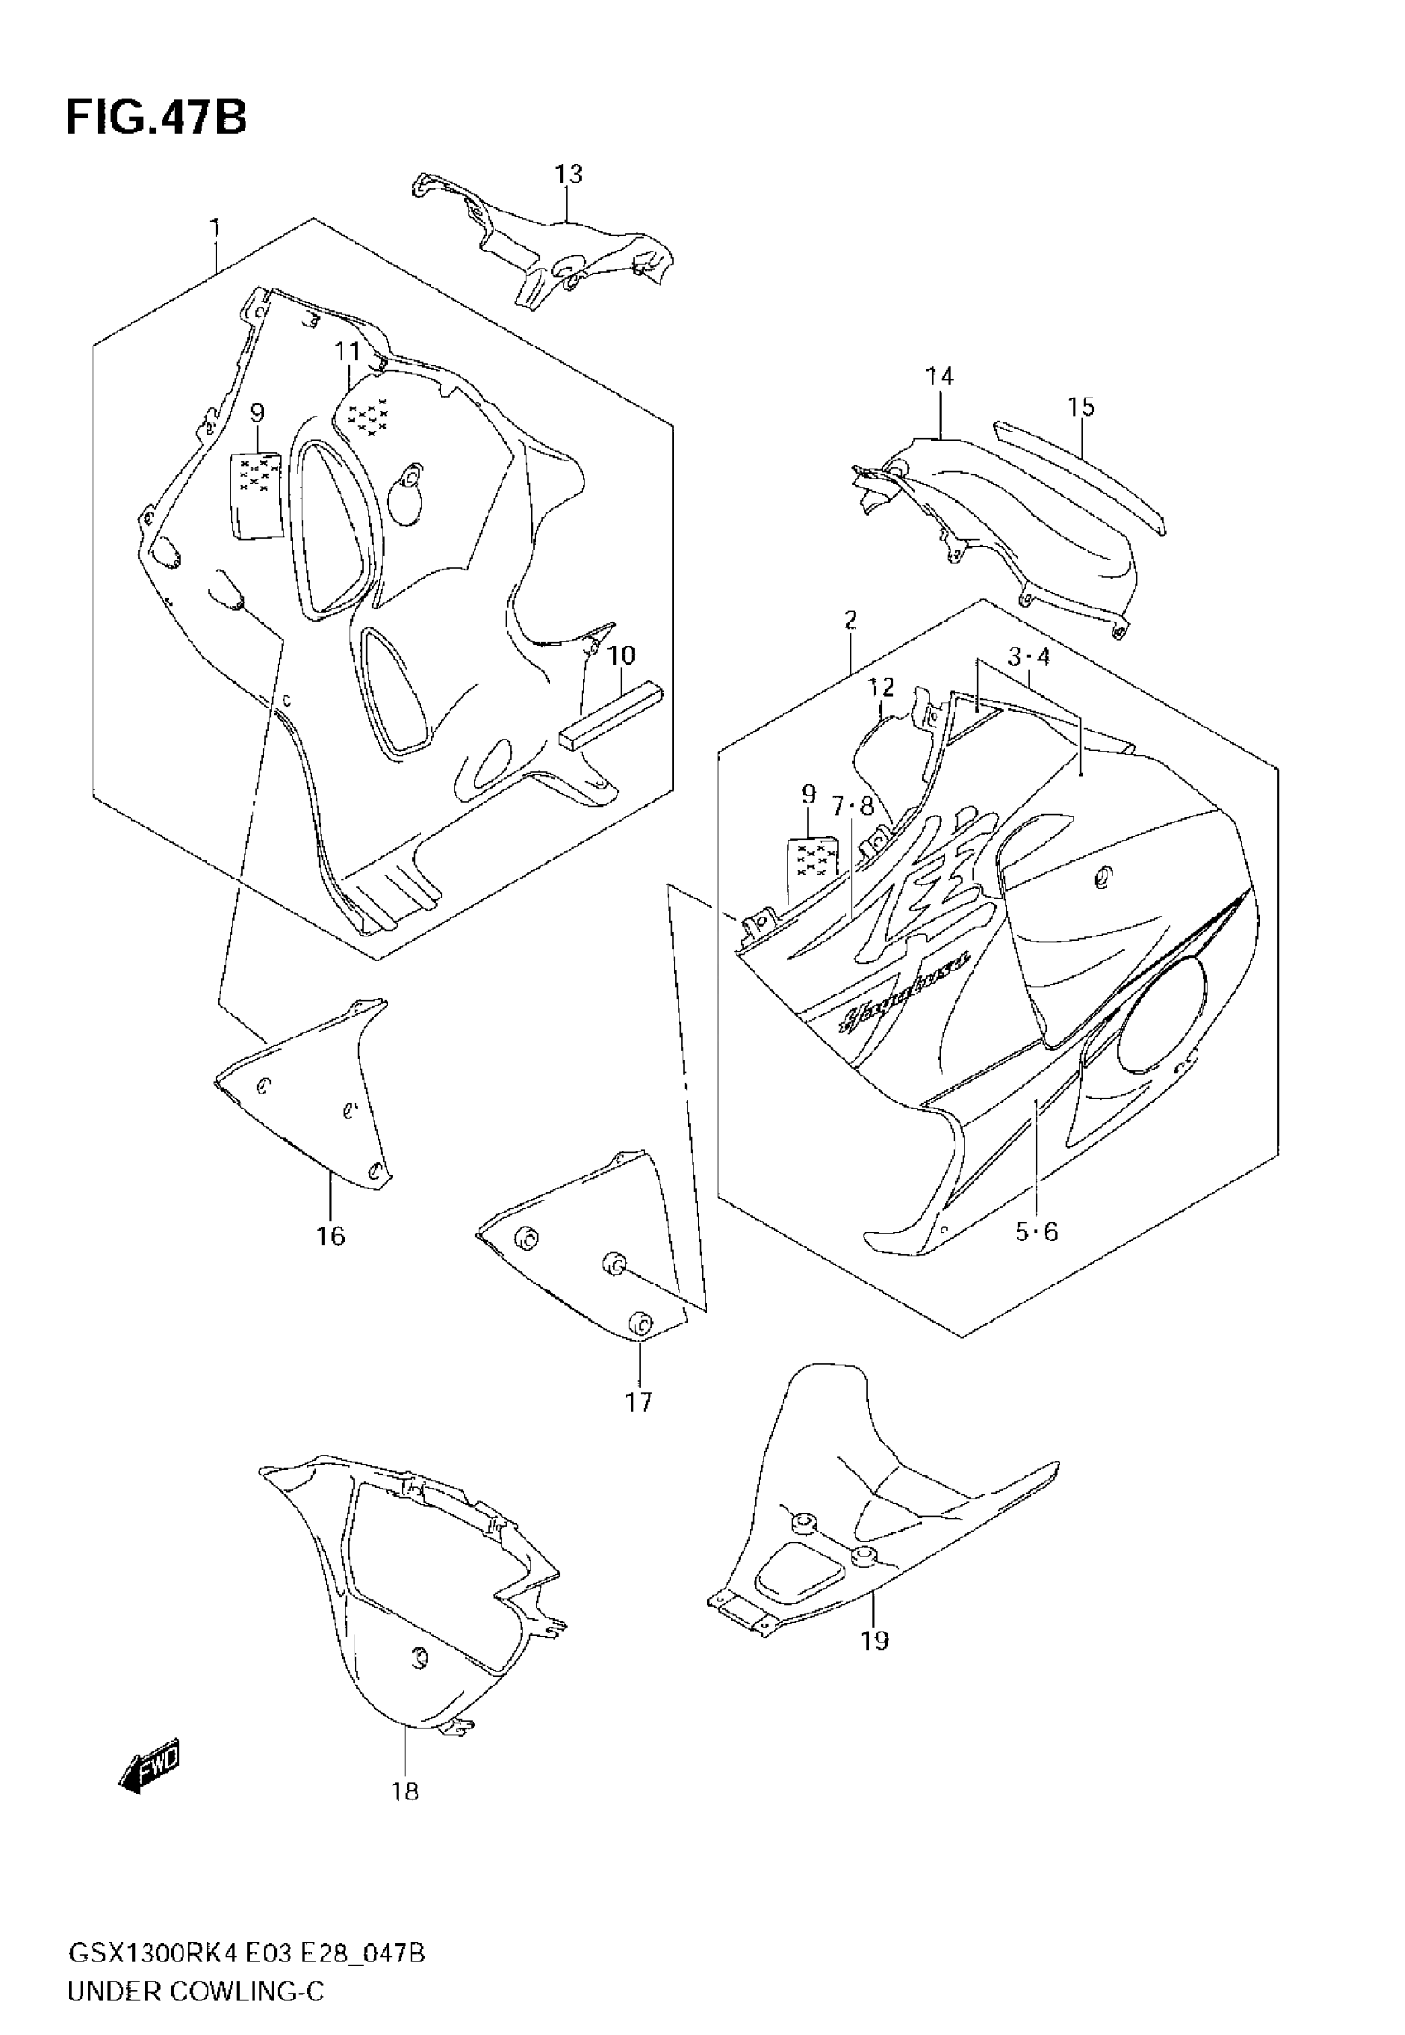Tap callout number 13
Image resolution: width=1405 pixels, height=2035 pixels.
click(569, 174)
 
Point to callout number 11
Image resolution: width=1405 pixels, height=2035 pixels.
click(348, 352)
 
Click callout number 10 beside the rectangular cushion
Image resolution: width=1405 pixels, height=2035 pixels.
click(622, 655)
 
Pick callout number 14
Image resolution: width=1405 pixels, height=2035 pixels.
click(940, 377)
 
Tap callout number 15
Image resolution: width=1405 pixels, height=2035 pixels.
click(1081, 407)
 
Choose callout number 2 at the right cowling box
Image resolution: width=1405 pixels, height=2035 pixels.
click(850, 620)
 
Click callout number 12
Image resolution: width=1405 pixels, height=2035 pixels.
click(881, 688)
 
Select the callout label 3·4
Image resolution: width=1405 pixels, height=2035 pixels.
click(1028, 656)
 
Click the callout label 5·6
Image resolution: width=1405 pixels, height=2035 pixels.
click(1036, 1232)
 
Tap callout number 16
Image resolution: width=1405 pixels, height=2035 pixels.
click(331, 1236)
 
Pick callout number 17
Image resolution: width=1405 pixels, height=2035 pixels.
click(639, 1401)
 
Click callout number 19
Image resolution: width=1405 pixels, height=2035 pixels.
click(875, 1640)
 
